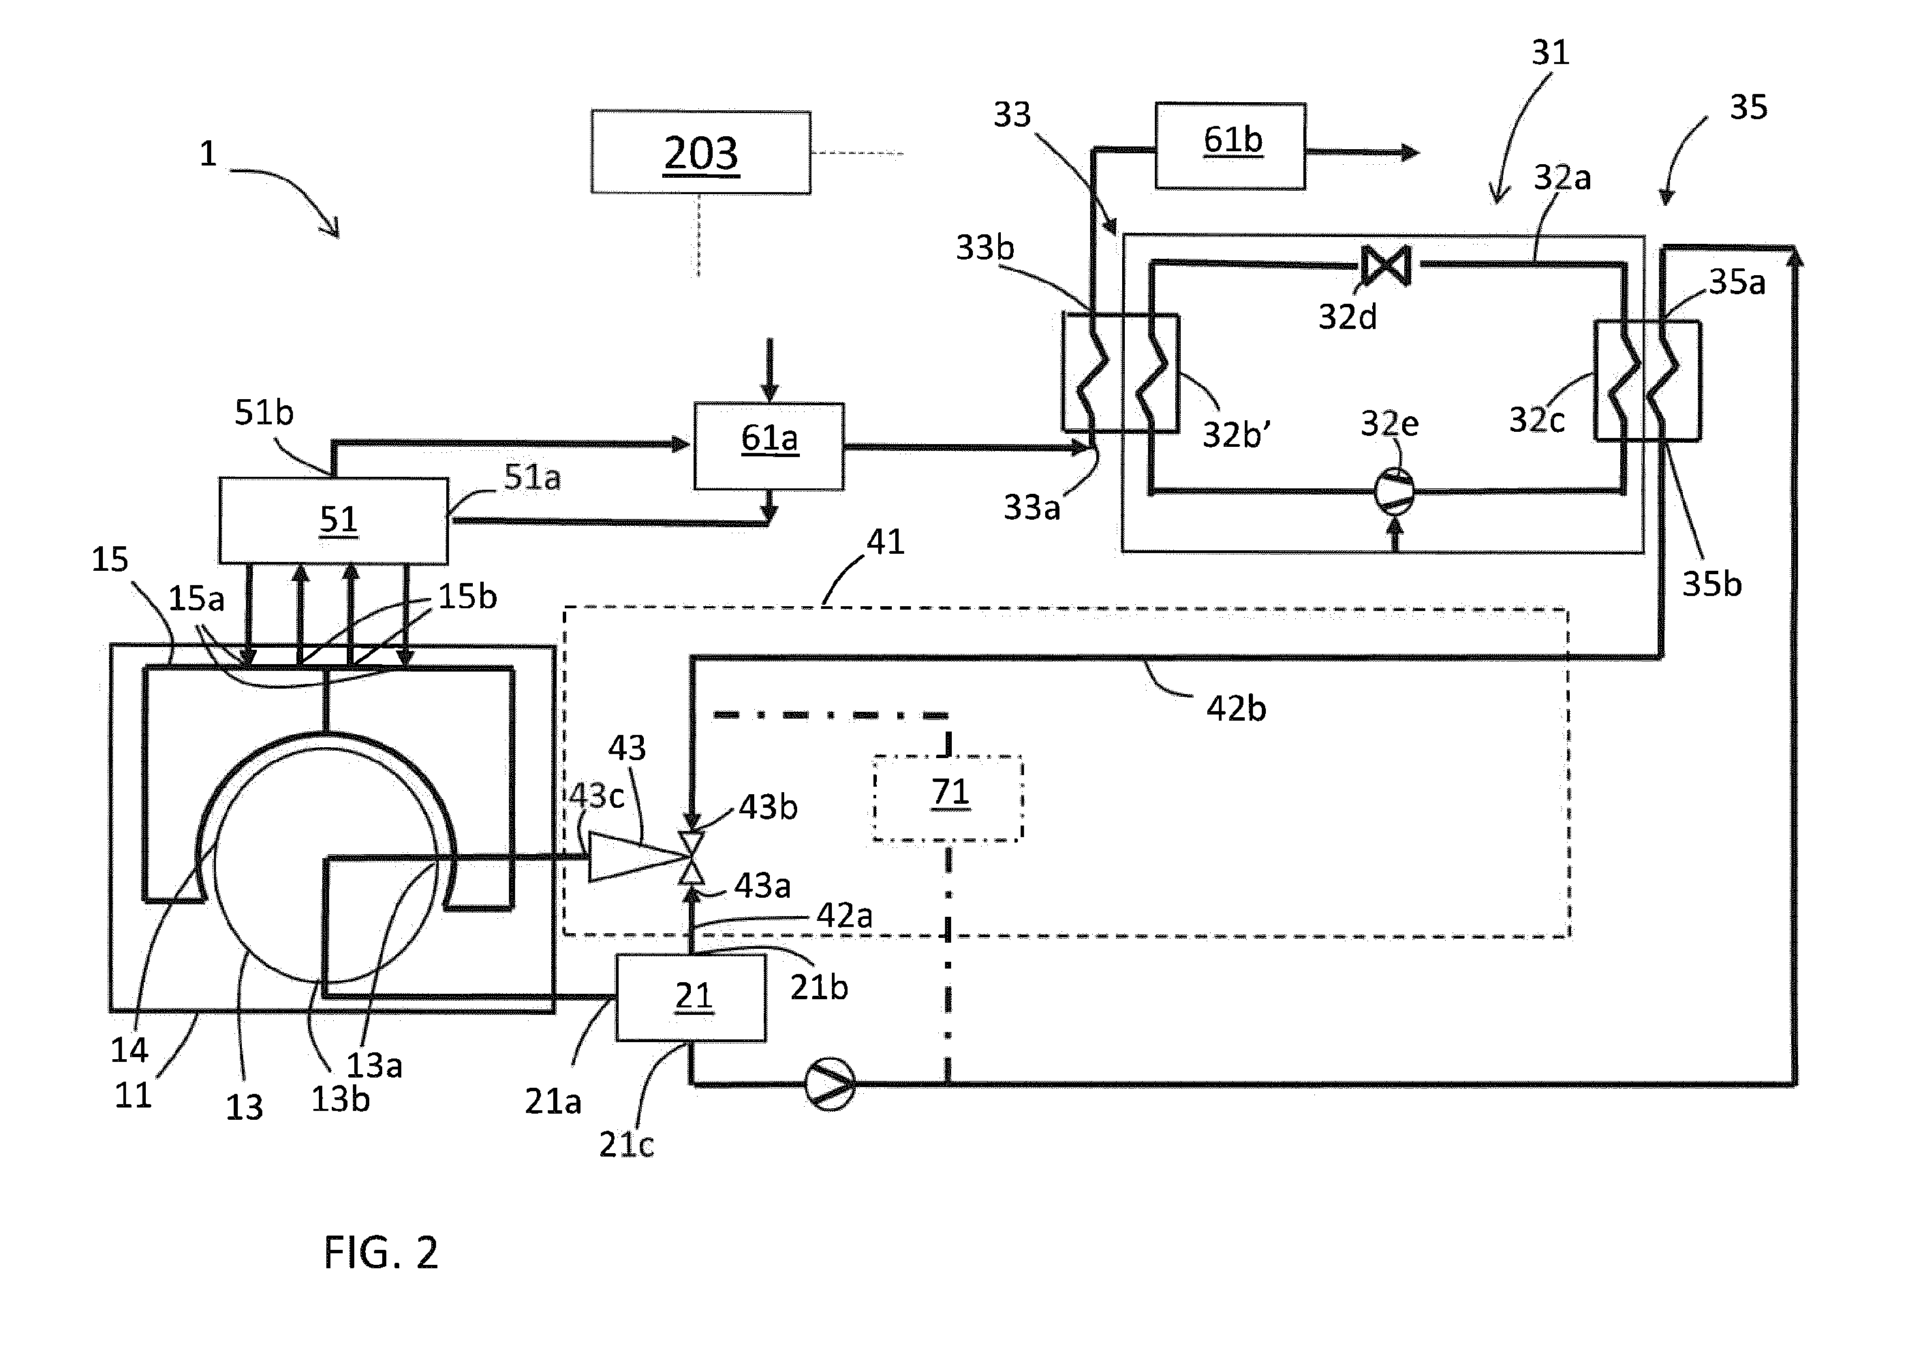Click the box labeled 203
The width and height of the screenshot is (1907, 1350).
click(701, 152)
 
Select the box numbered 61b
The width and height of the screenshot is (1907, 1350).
click(1230, 146)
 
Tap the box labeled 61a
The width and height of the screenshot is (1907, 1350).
click(769, 446)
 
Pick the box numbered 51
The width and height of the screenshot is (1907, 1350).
click(333, 521)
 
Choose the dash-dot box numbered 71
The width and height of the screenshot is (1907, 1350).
click(948, 798)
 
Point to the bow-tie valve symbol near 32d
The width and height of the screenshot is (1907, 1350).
click(1386, 265)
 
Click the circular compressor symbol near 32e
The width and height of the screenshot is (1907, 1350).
click(1394, 490)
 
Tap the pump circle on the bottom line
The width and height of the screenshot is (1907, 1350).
click(830, 1084)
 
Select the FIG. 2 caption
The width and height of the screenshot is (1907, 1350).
click(381, 1253)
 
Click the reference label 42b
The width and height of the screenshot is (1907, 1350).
click(1236, 709)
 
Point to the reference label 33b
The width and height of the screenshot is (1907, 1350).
click(985, 248)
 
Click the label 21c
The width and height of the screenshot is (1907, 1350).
click(626, 1145)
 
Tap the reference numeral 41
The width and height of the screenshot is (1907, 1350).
click(885, 542)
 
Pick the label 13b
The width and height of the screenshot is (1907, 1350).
click(340, 1100)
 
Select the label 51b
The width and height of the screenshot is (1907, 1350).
click(264, 412)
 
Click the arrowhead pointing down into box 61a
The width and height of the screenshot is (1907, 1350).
click(770, 393)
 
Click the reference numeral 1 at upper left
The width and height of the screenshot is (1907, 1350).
click(208, 154)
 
